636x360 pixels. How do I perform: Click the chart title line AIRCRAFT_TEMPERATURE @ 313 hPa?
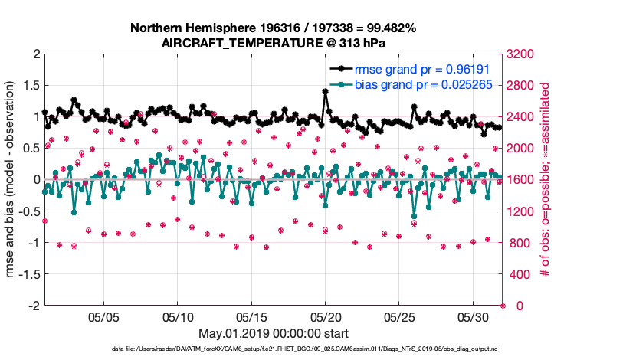point(274,43)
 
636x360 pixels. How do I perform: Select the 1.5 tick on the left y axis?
point(31,85)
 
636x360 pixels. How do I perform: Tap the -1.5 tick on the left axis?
point(28,273)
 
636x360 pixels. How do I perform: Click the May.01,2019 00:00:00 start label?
point(274,333)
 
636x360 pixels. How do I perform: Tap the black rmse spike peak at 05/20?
point(326,91)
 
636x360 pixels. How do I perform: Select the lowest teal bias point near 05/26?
point(414,217)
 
